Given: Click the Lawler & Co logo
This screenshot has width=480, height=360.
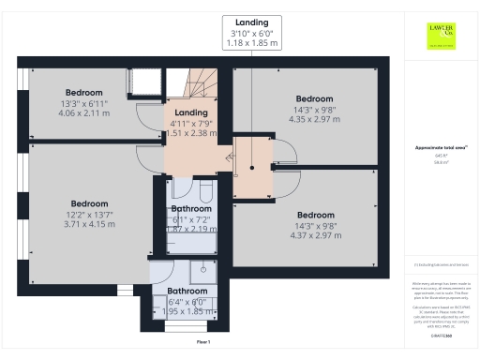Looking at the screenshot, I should [440, 35].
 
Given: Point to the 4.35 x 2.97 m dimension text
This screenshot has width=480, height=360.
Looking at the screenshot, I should [315, 119].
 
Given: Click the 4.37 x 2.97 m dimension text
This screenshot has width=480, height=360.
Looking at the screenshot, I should [315, 234].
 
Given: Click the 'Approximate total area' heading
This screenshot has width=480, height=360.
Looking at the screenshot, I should [440, 148].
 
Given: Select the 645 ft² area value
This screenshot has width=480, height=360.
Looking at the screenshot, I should [440, 156].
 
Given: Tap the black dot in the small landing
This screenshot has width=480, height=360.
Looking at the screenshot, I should [251, 170].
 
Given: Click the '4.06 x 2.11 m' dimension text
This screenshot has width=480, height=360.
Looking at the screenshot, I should [84, 112].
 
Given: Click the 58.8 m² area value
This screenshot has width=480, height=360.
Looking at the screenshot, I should [440, 161].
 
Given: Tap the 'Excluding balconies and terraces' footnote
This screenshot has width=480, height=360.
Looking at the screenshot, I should [440, 266].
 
